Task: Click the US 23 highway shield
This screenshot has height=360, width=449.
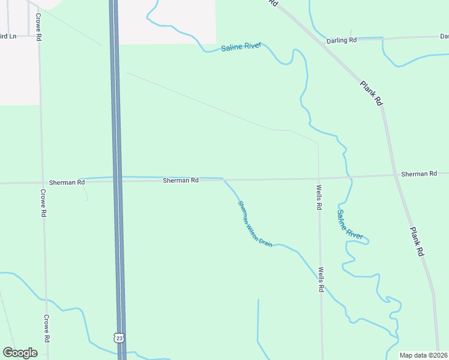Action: click(119, 338)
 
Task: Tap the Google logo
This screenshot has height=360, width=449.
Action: click(20, 353)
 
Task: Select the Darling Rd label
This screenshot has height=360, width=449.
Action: click(342, 40)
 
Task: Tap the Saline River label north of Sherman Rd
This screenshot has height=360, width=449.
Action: click(241, 47)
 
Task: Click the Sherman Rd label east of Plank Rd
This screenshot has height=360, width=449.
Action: click(419, 174)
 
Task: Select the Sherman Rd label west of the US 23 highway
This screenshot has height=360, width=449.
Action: click(67, 182)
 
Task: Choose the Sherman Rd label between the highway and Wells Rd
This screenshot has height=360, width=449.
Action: click(181, 180)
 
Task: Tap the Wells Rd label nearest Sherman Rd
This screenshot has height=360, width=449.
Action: click(319, 197)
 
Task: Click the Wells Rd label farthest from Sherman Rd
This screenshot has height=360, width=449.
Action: click(322, 279)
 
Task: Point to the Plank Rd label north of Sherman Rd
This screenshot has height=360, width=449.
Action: click(371, 94)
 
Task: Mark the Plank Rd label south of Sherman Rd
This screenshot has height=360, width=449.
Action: click(417, 242)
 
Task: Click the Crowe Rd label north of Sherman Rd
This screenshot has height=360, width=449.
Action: click(38, 27)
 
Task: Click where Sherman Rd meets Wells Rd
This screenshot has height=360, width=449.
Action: click(319, 178)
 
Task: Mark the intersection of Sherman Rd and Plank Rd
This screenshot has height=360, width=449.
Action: click(396, 176)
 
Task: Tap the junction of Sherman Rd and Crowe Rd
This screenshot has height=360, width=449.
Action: click(42, 182)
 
